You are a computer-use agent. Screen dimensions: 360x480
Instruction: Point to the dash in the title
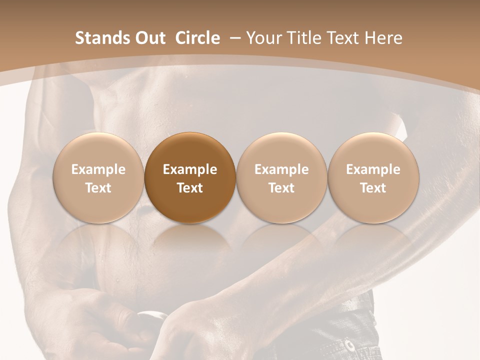pyautogui.click(x=236, y=38)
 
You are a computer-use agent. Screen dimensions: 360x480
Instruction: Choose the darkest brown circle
pyautogui.click(x=190, y=177)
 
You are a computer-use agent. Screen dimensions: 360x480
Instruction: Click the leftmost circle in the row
pyautogui.click(x=98, y=177)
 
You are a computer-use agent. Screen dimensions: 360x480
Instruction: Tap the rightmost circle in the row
pyautogui.click(x=373, y=177)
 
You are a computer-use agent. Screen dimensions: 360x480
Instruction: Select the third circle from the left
pyautogui.click(x=281, y=177)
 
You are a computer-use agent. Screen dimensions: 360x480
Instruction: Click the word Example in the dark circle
pyautogui.click(x=190, y=169)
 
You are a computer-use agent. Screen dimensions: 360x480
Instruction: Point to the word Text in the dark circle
pyautogui.click(x=190, y=188)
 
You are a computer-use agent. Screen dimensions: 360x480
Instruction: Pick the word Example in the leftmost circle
pyautogui.click(x=98, y=169)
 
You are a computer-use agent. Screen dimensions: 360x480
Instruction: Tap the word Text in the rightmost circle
pyautogui.click(x=373, y=188)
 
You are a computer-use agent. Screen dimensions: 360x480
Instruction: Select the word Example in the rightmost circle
pyautogui.click(x=373, y=169)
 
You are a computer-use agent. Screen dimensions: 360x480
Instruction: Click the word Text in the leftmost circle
pyautogui.click(x=98, y=188)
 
